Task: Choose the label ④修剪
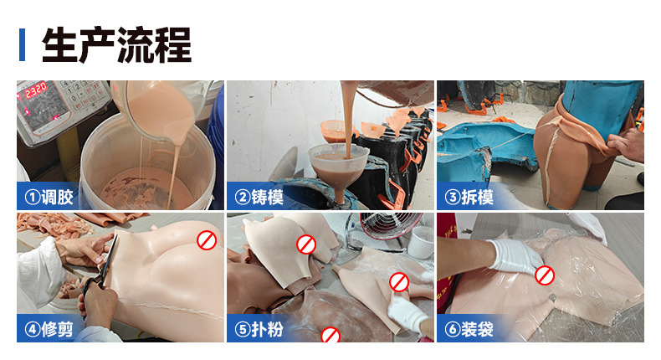pos(49,329)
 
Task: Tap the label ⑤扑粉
pos(259,329)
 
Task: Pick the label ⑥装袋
pos(468,329)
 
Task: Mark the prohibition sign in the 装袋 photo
pos(545,275)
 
